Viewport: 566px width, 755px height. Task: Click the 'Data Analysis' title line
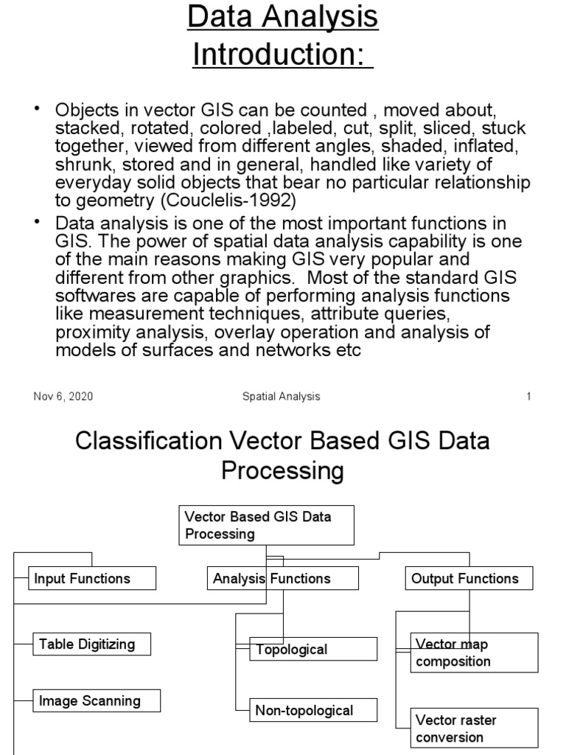283,18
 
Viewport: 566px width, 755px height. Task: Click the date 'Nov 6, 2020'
63,397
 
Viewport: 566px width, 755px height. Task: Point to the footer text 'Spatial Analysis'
282,397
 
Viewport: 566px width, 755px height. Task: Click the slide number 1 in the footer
528,397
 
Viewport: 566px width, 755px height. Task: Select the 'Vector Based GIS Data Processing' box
267,525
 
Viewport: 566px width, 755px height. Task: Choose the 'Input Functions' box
93,579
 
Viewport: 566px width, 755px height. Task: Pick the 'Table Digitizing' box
92,644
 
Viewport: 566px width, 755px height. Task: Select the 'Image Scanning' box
97,700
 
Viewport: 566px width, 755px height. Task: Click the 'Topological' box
313,650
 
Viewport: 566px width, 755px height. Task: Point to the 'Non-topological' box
313,711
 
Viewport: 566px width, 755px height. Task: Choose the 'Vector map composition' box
475,653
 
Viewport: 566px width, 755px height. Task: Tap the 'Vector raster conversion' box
475,728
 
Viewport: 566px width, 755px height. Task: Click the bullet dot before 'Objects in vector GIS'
36,110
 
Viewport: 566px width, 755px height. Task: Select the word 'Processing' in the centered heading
283,470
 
